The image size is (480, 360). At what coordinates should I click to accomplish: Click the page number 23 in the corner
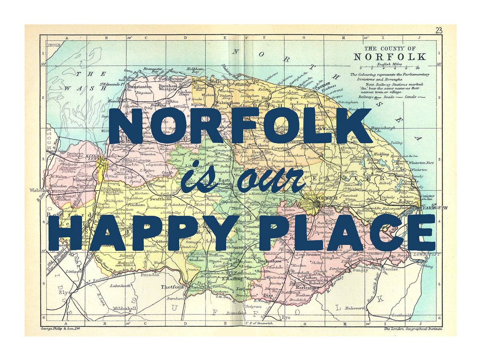pos(439,30)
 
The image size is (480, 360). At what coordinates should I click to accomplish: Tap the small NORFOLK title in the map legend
pos(384,57)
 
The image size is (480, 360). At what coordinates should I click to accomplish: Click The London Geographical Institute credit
pos(412,328)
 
